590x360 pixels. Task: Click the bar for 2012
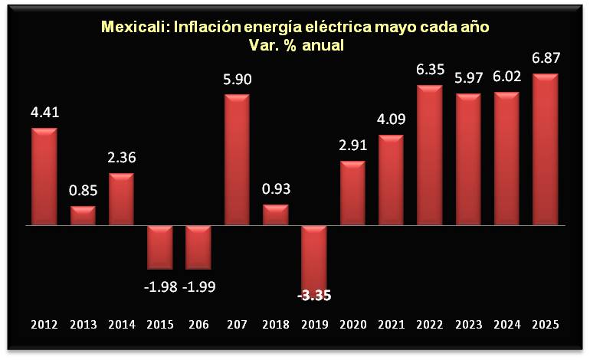44,177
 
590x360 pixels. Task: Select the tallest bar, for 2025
544,150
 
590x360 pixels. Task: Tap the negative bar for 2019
313,254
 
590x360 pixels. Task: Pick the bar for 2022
429,155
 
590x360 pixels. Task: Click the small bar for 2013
83,216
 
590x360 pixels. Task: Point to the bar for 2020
352,194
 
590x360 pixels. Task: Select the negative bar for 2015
159,247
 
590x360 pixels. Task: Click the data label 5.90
237,79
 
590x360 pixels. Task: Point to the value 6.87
544,58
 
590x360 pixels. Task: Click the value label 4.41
44,113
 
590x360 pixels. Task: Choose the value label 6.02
506,77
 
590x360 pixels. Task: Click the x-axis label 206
198,325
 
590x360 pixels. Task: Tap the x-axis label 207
237,325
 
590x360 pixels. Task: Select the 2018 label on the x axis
275,325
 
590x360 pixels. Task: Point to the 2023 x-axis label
467,325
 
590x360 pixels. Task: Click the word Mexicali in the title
134,28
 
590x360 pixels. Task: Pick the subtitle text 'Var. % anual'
296,45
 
